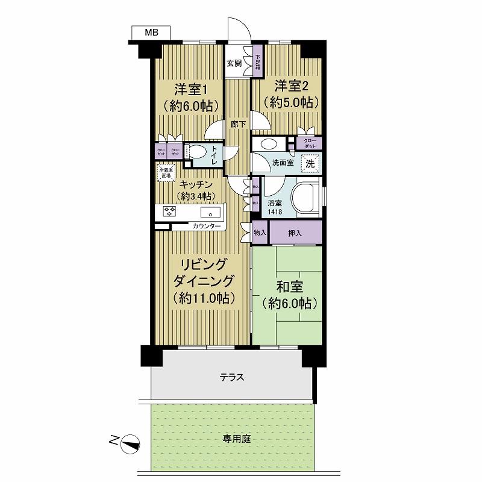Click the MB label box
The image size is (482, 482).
tap(151, 33)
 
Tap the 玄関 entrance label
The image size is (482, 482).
tap(234, 63)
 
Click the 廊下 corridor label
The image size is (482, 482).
tap(239, 124)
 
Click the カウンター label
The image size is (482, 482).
tap(207, 227)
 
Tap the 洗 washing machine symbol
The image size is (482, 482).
tap(310, 163)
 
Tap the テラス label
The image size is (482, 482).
tap(232, 378)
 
